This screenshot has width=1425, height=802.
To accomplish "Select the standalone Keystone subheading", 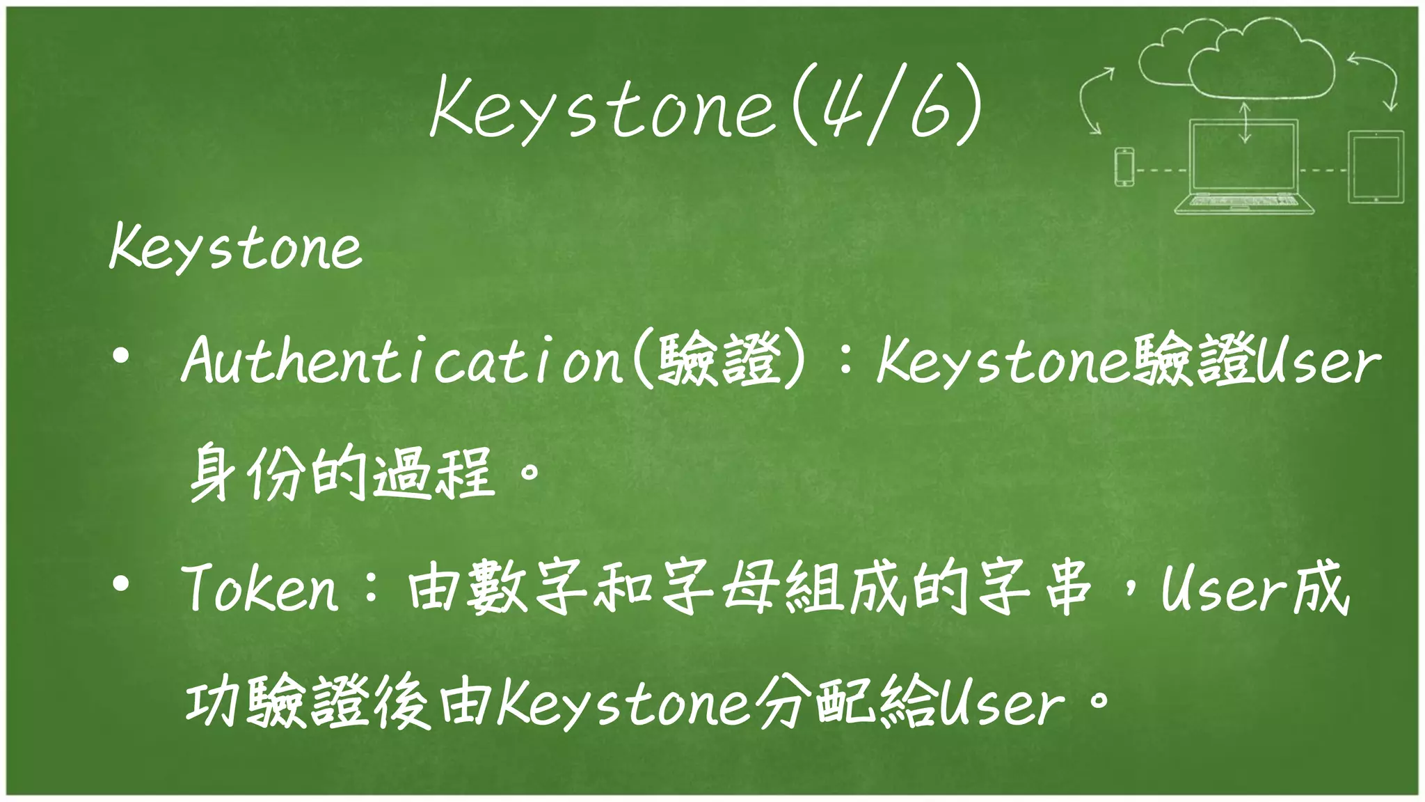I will [x=235, y=248].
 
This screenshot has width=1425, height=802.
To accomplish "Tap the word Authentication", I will [x=401, y=360].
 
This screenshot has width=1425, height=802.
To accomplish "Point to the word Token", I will [x=261, y=589].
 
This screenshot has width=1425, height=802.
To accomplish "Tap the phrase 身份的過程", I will [x=341, y=473].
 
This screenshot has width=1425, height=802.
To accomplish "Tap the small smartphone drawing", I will [x=1124, y=167].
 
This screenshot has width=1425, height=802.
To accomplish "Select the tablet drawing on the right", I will [x=1376, y=167].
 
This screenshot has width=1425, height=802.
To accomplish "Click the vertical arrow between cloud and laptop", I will [x=1245, y=122].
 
